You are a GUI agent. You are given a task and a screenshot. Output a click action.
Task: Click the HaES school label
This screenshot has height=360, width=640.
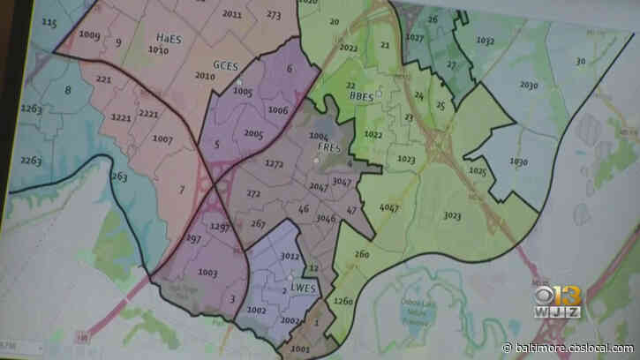pyautogui.click(x=168, y=38)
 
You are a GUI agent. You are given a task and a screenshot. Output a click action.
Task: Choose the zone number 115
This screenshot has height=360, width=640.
pyautogui.click(x=48, y=22)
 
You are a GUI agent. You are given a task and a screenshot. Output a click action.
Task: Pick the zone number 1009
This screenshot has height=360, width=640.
pyautogui.click(x=89, y=35)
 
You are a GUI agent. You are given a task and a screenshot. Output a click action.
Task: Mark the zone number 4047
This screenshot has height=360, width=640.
pyautogui.click(x=388, y=207)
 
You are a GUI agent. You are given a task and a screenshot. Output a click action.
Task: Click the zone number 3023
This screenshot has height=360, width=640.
pyautogui.click(x=453, y=214)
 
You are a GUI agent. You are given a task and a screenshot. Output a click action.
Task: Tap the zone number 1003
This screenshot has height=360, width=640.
pyautogui.click(x=208, y=273)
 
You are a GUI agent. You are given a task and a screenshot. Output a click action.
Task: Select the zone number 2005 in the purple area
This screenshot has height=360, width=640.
pyautogui.click(x=254, y=133)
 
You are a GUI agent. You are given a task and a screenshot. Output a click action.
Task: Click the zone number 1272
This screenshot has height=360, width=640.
pyautogui.click(x=275, y=164)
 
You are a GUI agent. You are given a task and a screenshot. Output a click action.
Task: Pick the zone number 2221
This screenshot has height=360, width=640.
pyautogui.click(x=148, y=114)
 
